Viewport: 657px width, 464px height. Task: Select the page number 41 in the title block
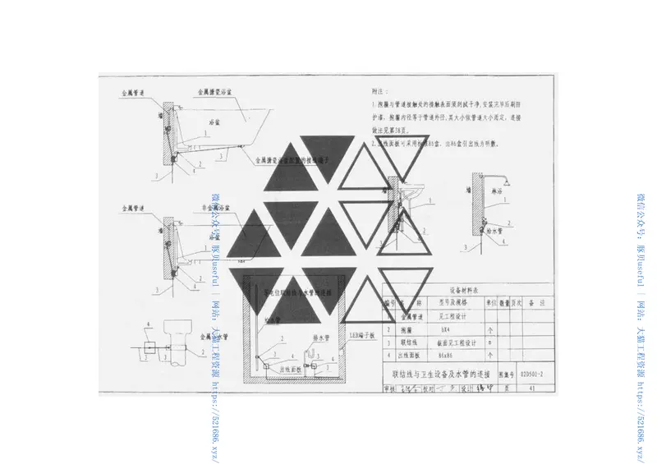pyautogui.click(x=533, y=387)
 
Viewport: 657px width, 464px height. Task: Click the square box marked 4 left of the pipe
pyautogui.click(x=148, y=348)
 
